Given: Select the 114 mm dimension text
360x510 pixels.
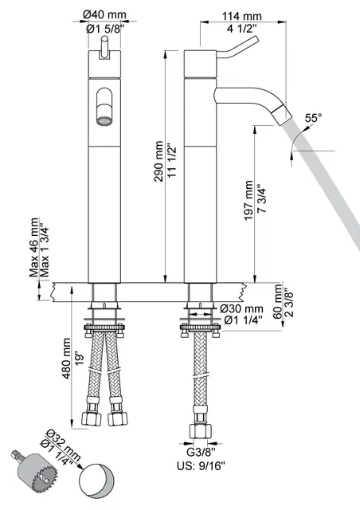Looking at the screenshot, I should pyautogui.click(x=242, y=16).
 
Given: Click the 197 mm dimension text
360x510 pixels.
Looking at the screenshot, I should pyautogui.click(x=248, y=205).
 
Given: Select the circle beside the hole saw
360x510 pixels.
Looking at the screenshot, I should pyautogui.click(x=102, y=480).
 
